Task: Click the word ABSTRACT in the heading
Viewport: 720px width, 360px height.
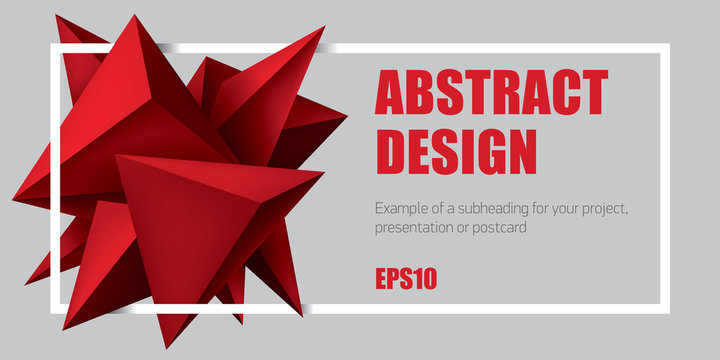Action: click(x=490, y=93)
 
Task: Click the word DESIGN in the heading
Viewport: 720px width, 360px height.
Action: click(x=455, y=152)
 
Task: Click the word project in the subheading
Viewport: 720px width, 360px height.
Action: click(x=603, y=210)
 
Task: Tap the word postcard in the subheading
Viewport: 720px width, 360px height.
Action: click(x=499, y=228)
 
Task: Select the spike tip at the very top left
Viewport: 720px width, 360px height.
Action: click(x=57, y=16)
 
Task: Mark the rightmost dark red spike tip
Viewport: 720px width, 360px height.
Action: click(x=346, y=118)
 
